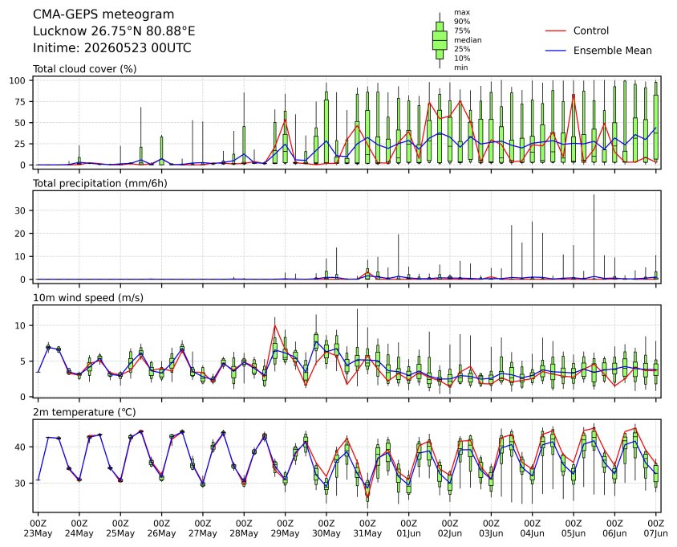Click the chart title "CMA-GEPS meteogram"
[103, 14]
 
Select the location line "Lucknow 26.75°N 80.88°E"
[114, 31]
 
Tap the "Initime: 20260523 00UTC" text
[111, 47]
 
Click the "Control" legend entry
[590, 31]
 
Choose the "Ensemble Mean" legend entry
[612, 51]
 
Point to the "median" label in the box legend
[468, 40]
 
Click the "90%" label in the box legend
[462, 21]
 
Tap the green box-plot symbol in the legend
[440, 40]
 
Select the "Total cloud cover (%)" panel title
[85, 69]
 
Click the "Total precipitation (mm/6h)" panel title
[100, 183]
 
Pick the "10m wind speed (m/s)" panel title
[88, 298]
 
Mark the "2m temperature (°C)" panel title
[84, 412]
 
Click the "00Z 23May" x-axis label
[38, 528]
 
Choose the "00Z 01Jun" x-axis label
[408, 528]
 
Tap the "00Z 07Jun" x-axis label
[656, 528]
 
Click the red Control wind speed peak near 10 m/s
[275, 325]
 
